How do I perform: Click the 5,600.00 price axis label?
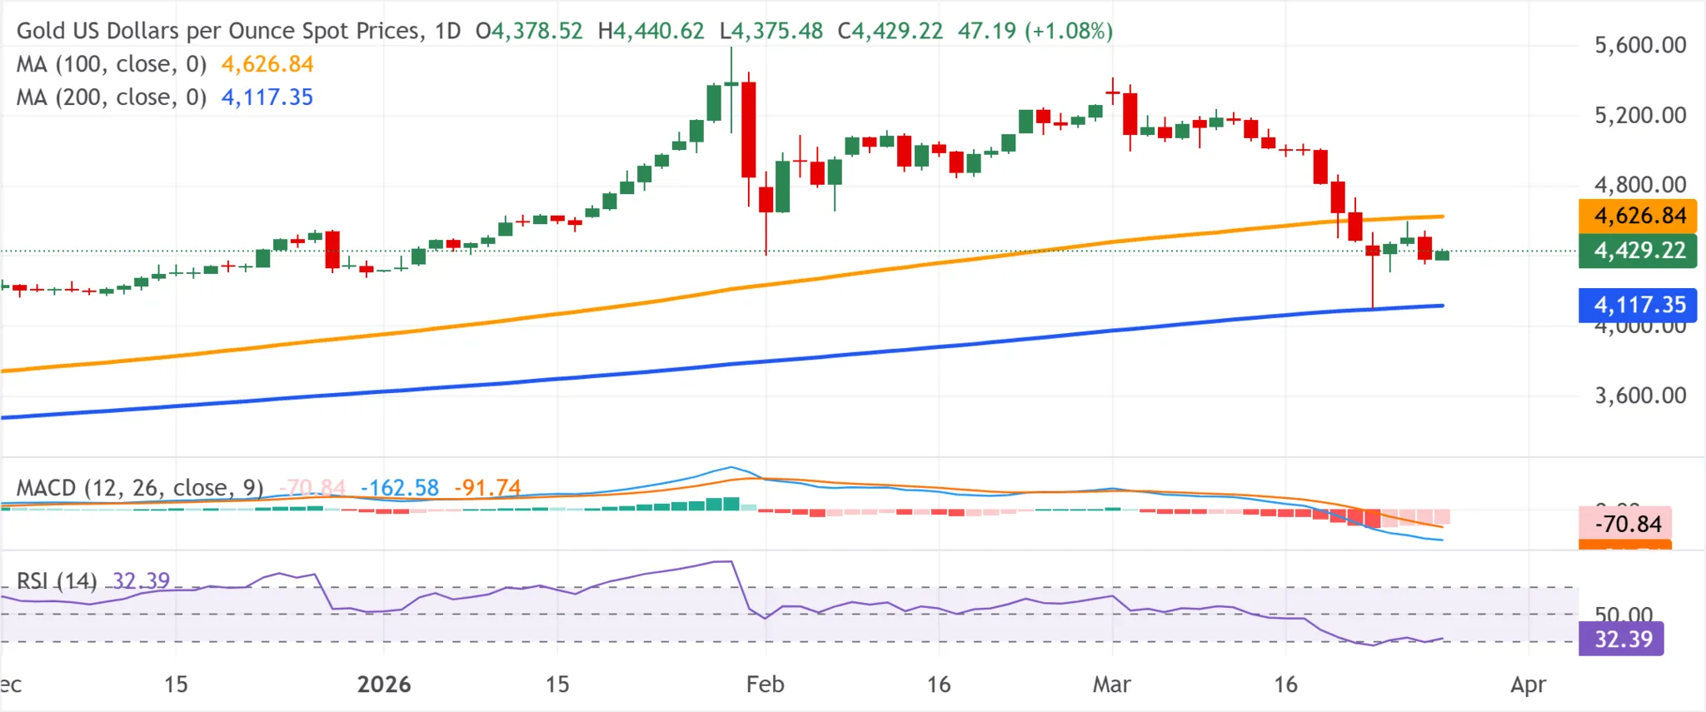1639,45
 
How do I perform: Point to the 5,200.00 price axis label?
1639,115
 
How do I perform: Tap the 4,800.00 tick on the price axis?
1639,184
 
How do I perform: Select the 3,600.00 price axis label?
1639,395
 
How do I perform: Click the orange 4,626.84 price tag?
1638,216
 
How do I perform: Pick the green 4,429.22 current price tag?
1638,250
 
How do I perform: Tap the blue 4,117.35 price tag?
1638,305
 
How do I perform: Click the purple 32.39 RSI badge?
1622,639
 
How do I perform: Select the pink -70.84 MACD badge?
1625,524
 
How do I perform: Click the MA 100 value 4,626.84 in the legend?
267,64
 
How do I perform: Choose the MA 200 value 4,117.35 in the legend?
267,97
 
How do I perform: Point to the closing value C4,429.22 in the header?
890,31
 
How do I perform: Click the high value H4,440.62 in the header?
651,31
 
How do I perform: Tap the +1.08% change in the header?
1069,31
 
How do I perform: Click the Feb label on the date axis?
765,685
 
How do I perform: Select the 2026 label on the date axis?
384,685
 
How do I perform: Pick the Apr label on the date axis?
1528,685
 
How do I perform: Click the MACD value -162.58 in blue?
400,487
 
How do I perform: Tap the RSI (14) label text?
57,580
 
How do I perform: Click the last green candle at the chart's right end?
1442,255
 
